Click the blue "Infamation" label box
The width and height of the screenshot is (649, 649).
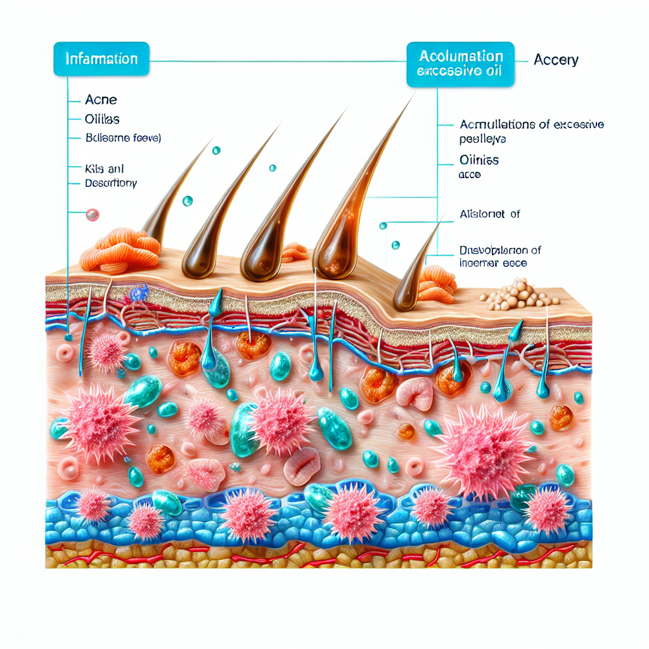coord(101,59)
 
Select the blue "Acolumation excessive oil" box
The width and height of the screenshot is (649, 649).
coord(461,63)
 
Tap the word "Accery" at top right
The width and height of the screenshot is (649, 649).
coord(556,60)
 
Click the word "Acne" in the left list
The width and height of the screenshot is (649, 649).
coord(101,100)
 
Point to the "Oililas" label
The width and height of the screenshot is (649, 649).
coord(102,119)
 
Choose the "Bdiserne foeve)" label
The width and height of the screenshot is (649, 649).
coord(123,137)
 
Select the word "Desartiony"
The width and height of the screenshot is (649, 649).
coord(111,183)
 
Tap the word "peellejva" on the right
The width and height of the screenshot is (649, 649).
coord(487,138)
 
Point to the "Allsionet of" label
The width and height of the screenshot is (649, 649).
coord(489,214)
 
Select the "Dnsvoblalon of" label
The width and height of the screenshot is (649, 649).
coord(500,250)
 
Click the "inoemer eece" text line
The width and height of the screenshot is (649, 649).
coord(493,263)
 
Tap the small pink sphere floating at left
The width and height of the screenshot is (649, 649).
coord(93,215)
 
